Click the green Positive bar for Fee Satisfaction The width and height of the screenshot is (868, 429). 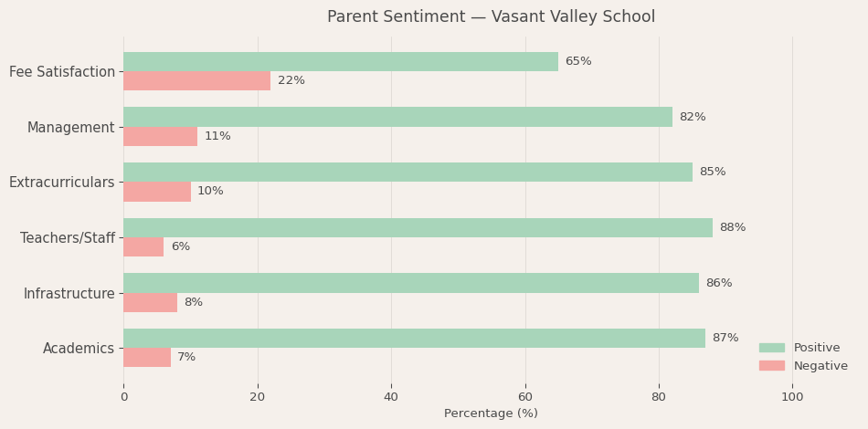340,61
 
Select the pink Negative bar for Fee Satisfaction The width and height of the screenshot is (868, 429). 196,80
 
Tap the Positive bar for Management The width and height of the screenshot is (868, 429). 397,117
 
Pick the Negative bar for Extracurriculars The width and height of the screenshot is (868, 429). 157,192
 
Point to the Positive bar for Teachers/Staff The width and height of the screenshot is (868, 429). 418,227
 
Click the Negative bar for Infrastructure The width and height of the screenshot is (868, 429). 150,302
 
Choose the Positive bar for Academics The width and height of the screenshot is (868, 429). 414,338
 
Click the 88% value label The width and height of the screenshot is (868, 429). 733,227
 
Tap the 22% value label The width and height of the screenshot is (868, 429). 291,80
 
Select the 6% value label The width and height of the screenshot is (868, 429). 181,246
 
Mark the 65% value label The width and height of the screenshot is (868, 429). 578,61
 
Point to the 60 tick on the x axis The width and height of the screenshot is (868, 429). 525,397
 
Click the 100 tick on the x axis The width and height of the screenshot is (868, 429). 792,397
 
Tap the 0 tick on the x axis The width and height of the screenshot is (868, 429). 124,397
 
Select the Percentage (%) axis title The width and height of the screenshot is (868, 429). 491,413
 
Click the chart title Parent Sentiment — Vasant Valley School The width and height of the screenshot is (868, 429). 491,17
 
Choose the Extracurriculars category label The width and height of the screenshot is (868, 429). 62,183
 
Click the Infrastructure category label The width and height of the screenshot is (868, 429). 69,293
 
